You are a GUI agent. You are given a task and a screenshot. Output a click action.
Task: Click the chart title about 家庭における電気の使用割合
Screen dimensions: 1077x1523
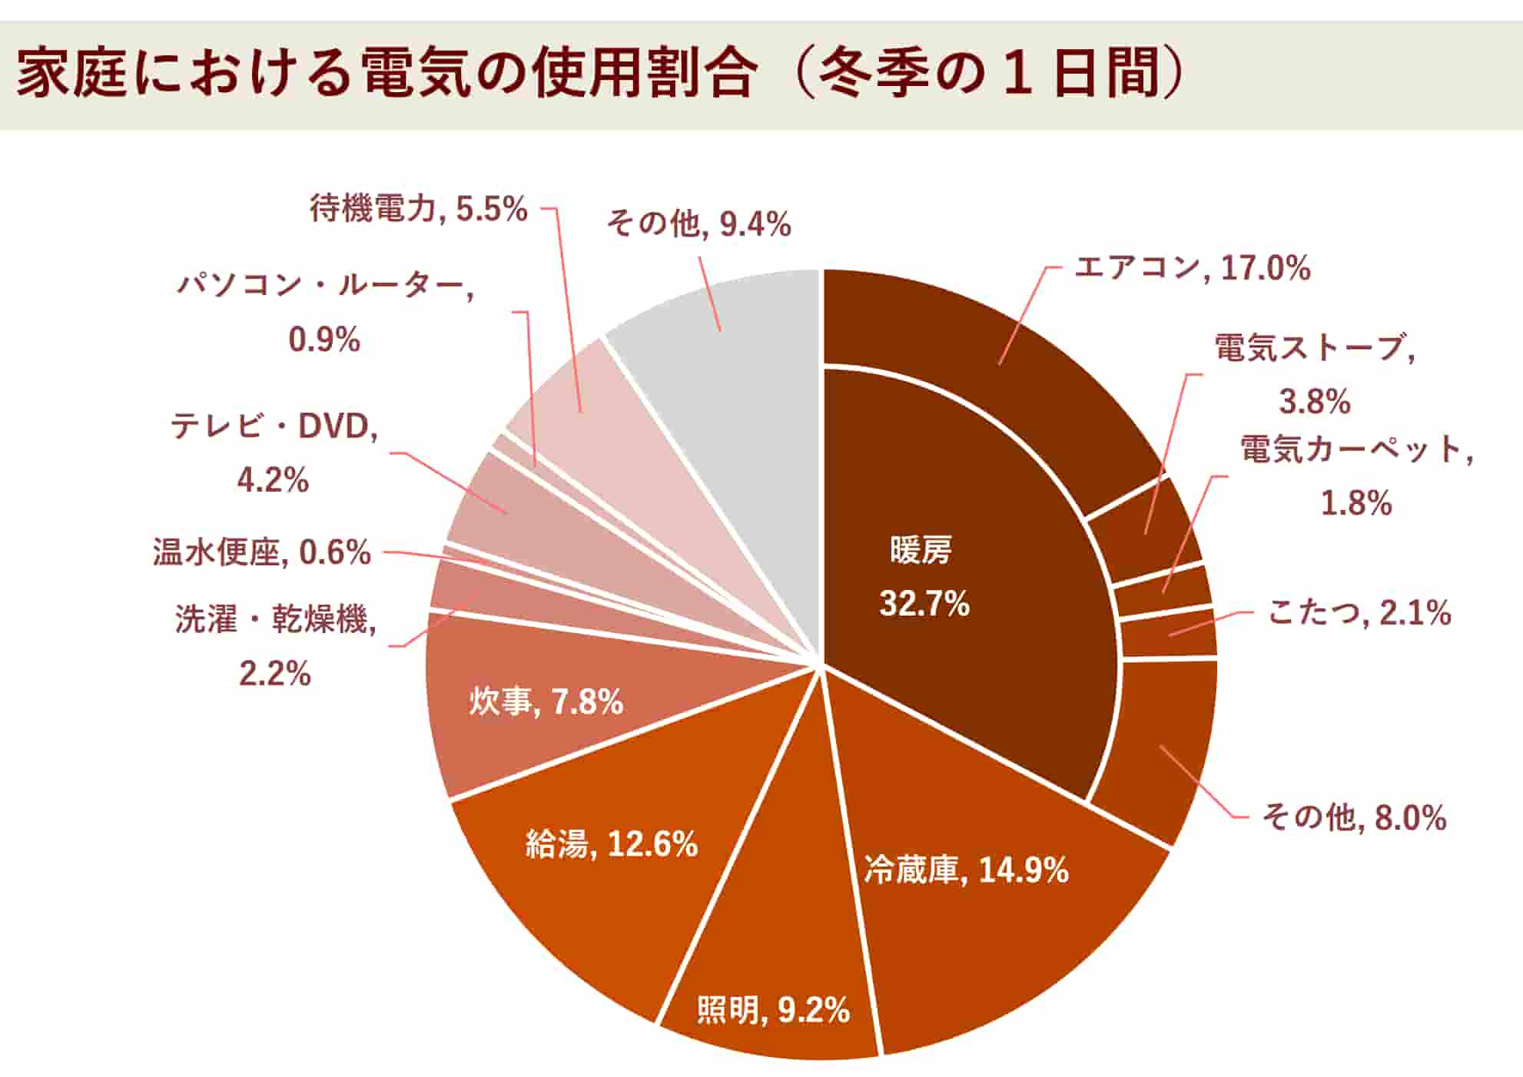coord(599,75)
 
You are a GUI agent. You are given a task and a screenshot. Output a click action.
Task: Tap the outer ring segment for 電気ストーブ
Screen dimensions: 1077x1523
coord(1145,530)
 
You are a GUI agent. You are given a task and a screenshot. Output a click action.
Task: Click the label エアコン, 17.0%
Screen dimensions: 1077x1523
coord(1192,268)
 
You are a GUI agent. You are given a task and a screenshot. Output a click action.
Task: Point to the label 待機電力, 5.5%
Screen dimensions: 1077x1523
coord(419,208)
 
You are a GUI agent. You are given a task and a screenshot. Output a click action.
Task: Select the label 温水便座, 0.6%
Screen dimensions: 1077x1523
coord(261,552)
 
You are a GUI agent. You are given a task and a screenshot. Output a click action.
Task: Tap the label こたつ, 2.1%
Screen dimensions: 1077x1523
coord(1359,613)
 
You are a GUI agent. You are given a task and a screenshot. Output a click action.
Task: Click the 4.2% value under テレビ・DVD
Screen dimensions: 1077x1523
coord(273,481)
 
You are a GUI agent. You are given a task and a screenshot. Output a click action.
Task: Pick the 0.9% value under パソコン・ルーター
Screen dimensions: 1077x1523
coord(324,340)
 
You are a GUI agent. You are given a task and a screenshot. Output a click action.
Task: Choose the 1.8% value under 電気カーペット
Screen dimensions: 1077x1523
coord(1356,504)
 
